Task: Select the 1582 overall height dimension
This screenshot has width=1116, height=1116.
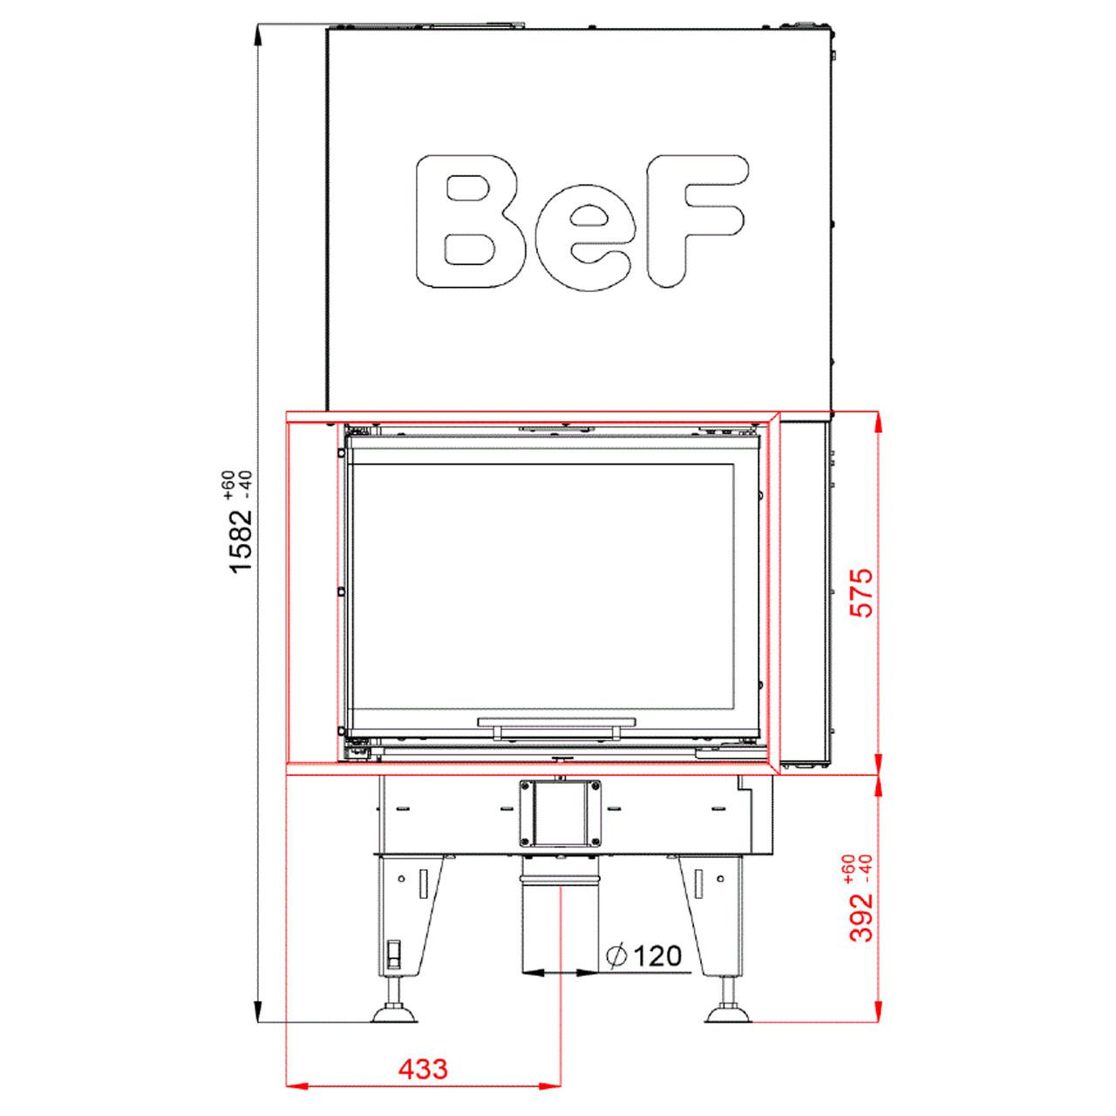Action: (x=242, y=539)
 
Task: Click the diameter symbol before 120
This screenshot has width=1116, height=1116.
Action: (x=616, y=956)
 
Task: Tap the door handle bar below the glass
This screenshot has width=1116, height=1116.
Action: (x=556, y=722)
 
